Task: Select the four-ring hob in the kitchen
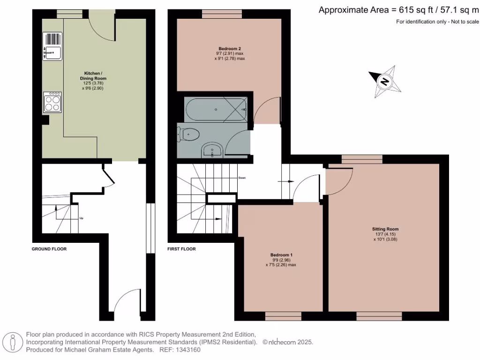point(52,102)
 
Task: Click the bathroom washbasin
point(212,151)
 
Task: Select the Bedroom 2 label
point(230,49)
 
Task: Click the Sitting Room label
point(385,229)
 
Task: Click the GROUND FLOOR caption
point(49,249)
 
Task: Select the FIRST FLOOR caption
point(181,249)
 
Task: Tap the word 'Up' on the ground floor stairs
point(82,218)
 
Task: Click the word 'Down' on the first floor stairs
point(242,178)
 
